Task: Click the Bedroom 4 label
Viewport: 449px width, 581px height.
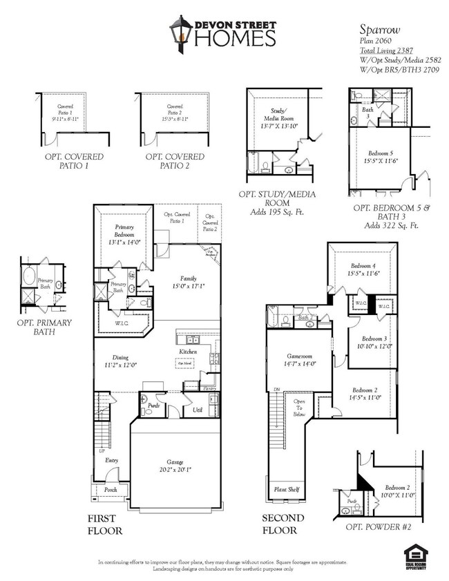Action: [x=363, y=266]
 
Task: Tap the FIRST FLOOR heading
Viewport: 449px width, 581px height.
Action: [x=105, y=524]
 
